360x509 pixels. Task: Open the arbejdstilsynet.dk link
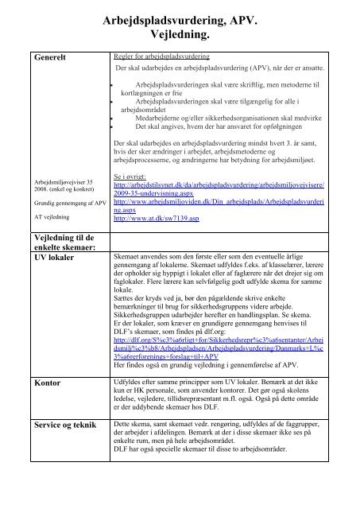(x=230, y=188)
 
